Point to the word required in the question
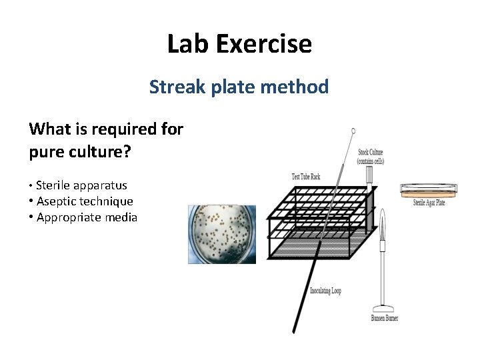pyautogui.click(x=120, y=129)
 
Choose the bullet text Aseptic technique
pyautogui.click(x=85, y=201)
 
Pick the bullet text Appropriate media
pyautogui.click(x=87, y=217)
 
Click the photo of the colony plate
pyautogui.click(x=222, y=234)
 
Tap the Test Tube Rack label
pyautogui.click(x=306, y=177)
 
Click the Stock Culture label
pyautogui.click(x=371, y=157)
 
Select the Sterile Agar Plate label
pyautogui.click(x=429, y=203)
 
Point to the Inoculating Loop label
pyautogui.click(x=325, y=291)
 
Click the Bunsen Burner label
pyautogui.click(x=385, y=319)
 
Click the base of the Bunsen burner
pyautogui.click(x=383, y=308)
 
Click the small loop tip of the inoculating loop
pyautogui.click(x=353, y=131)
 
